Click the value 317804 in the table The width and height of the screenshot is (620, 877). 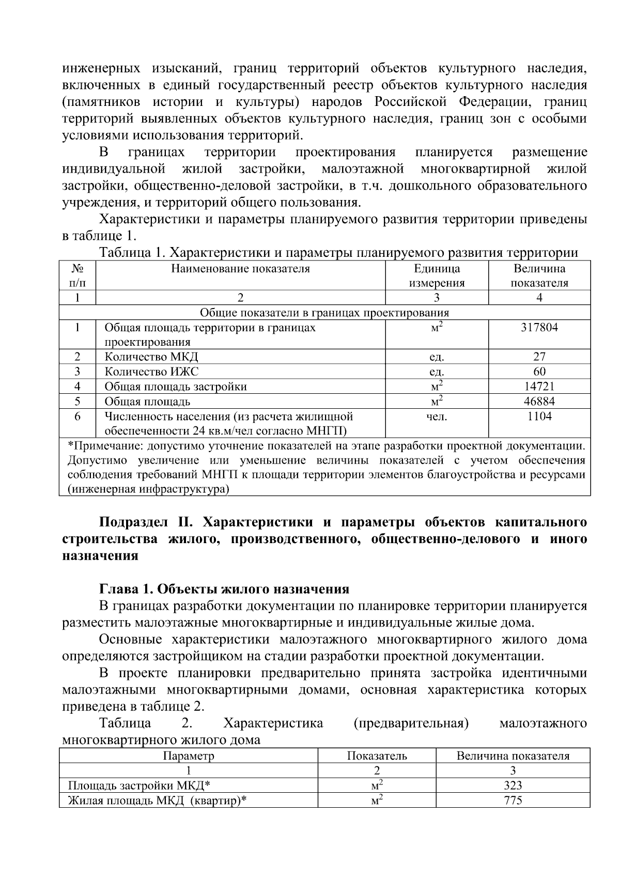539,328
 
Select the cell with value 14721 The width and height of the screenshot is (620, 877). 539,387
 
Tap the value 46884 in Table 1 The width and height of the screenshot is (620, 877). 539,402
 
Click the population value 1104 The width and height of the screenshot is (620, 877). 539,417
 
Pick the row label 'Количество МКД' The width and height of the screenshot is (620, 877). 151,357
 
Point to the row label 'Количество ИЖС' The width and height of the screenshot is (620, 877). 151,372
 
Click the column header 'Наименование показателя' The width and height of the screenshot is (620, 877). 240,269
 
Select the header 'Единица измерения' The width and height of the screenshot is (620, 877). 437,275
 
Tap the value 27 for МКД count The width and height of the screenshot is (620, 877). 539,357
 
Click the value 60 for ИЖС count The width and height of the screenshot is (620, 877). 539,372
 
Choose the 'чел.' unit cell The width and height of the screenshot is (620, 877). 437,417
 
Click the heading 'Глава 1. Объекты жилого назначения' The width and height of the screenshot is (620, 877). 224,589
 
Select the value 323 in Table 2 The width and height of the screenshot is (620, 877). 513,786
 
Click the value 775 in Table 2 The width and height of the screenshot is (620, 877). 513,801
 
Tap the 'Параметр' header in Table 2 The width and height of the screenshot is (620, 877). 188,756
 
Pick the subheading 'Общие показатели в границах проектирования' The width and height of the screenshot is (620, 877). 324,313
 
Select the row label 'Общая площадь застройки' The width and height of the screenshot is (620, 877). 176,387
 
